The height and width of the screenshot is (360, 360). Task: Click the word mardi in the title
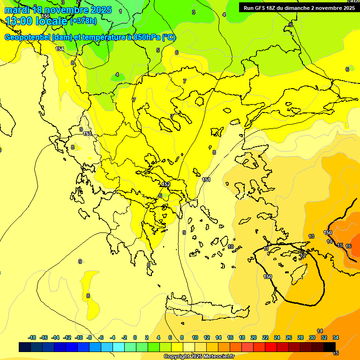(18, 10)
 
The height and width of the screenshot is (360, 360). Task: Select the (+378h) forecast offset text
(84, 21)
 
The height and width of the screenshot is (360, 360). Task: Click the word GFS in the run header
(263, 8)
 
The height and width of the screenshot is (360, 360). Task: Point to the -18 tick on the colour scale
(32, 337)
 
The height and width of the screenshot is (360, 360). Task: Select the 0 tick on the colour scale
(135, 337)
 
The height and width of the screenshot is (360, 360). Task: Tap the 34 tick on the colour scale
(336, 337)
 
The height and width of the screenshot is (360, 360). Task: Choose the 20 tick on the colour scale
(253, 337)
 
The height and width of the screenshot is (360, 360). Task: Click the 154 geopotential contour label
(60, 49)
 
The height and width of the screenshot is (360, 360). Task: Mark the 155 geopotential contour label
(45, 16)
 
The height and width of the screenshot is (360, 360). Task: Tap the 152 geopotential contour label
(166, 185)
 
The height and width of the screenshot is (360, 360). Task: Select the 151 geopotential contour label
(206, 180)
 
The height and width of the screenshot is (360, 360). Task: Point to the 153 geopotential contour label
(87, 134)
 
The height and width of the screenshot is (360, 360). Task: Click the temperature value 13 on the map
(311, 236)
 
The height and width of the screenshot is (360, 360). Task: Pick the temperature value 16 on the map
(348, 246)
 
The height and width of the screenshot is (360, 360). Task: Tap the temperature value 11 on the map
(266, 248)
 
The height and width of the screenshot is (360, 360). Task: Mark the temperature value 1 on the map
(120, 11)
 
